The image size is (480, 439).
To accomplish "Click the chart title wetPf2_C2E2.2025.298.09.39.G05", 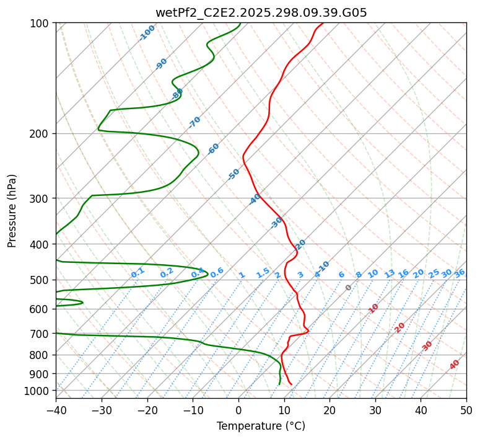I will pyautogui.click(x=261, y=12).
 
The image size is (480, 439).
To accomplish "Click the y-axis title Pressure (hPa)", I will pyautogui.click(x=12, y=210).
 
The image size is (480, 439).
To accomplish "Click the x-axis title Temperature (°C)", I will pyautogui.click(x=261, y=427).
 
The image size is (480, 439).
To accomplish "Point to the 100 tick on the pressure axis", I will pyautogui.click(x=40, y=24).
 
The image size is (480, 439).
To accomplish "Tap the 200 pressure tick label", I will pyautogui.click(x=40, y=134).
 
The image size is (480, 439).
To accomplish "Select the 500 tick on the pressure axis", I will pyautogui.click(x=40, y=280).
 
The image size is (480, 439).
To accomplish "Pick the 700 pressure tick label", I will pyautogui.click(x=40, y=334).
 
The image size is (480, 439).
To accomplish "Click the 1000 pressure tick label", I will pyautogui.click(x=37, y=391).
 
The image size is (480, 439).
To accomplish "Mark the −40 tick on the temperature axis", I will pyautogui.click(x=56, y=410).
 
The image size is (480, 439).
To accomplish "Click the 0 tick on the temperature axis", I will pyautogui.click(x=238, y=410).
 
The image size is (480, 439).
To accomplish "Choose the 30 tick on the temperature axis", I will pyautogui.click(x=375, y=410).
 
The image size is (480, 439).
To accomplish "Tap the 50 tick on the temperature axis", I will pyautogui.click(x=466, y=410).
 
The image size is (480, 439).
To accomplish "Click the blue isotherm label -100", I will pyautogui.click(x=147, y=33).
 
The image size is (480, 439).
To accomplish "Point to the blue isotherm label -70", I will pyautogui.click(x=194, y=122).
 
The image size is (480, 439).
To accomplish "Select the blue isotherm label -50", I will pyautogui.click(x=233, y=174).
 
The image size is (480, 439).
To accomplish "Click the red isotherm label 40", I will pyautogui.click(x=455, y=365).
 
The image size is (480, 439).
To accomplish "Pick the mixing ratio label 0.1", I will pyautogui.click(x=137, y=273).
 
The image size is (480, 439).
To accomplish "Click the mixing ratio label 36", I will pyautogui.click(x=460, y=273).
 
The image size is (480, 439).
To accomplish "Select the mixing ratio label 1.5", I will pyautogui.click(x=263, y=273).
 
